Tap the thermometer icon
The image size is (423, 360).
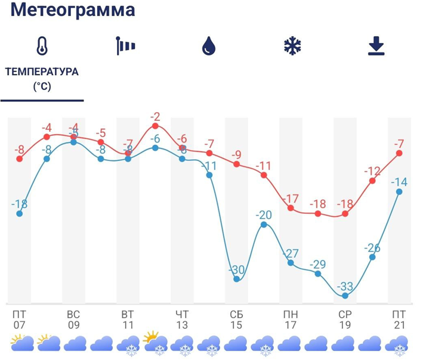(x=41, y=46)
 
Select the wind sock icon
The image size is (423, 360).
(x=125, y=46)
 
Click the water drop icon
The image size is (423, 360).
(x=209, y=46)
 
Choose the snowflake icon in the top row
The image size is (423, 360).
(x=292, y=46)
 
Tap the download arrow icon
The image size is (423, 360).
(x=376, y=46)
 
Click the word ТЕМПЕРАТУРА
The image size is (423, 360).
(x=42, y=72)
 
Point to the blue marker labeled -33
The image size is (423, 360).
(x=345, y=295)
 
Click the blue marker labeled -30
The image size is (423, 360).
(x=237, y=278)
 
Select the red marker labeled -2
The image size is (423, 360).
(x=155, y=126)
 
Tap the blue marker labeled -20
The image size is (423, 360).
(x=264, y=224)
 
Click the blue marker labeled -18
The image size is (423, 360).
(x=20, y=213)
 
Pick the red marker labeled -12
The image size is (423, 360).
(x=372, y=180)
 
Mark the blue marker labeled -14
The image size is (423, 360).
(x=399, y=191)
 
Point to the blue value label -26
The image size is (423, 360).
(x=372, y=248)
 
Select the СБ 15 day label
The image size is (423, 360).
(x=237, y=319)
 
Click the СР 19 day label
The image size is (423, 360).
(x=345, y=319)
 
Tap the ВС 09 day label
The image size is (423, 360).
(x=73, y=319)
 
